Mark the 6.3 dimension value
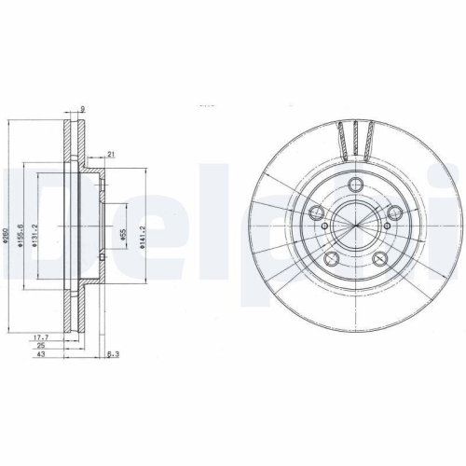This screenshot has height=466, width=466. tap(114, 355)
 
